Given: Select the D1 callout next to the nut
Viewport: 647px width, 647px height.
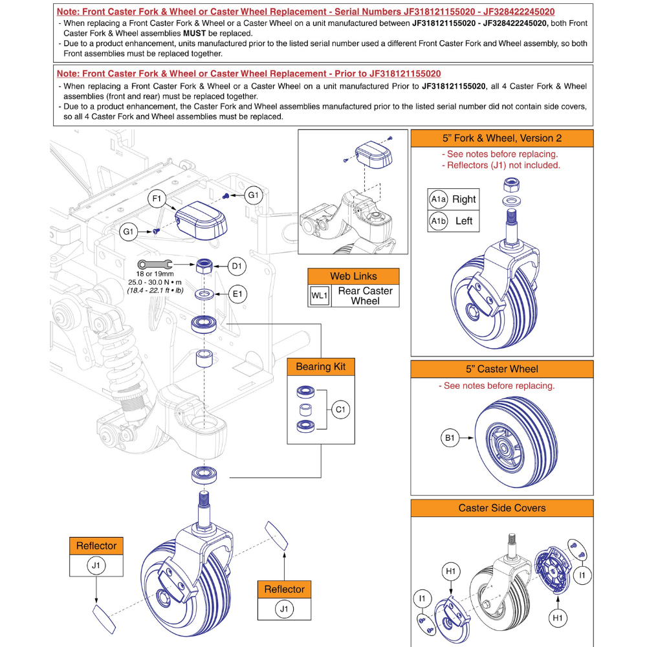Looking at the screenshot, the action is point(236,265).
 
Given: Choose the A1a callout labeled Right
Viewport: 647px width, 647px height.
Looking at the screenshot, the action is point(438,200).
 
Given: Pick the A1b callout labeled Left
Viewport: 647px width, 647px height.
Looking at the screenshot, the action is point(438,221).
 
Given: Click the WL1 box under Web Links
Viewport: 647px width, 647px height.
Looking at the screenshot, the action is point(319,296).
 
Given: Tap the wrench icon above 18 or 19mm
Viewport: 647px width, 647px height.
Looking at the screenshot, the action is point(154,263).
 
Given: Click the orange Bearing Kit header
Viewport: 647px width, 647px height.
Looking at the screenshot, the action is point(320,367).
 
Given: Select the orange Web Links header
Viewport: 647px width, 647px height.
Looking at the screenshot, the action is point(353,276).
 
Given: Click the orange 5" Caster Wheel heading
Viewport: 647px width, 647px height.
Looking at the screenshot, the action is point(502,369).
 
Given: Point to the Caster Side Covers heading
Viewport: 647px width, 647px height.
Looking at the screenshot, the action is point(502,508).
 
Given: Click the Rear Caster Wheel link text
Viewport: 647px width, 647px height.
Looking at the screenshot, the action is point(365,296).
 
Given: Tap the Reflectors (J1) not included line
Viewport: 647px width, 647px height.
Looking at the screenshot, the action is point(501,165).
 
